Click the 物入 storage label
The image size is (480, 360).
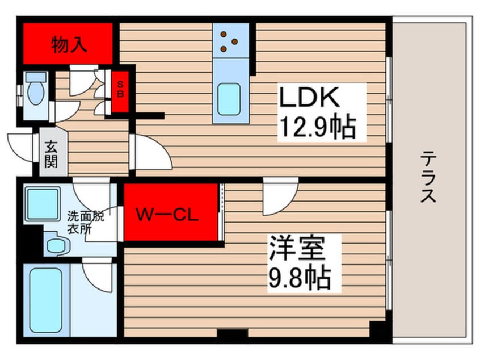(x=69, y=45)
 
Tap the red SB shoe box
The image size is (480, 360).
(x=120, y=92)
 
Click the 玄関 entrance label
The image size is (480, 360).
(x=51, y=154)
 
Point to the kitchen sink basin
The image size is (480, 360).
(x=229, y=99)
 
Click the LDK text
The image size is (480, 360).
(x=309, y=97)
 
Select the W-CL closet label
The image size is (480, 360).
(x=167, y=215)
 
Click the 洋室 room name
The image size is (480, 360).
(x=296, y=248)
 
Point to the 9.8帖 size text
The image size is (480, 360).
(x=300, y=278)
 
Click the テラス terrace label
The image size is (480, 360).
(x=428, y=177)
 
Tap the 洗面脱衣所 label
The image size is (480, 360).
(x=86, y=223)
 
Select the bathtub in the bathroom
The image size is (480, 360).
(x=46, y=300)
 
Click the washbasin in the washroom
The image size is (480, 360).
(x=57, y=245)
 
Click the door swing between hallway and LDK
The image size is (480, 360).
(x=150, y=152)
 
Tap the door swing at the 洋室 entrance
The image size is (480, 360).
(x=280, y=196)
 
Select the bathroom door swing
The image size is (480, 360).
(x=98, y=275)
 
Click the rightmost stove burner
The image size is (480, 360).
(x=235, y=41)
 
